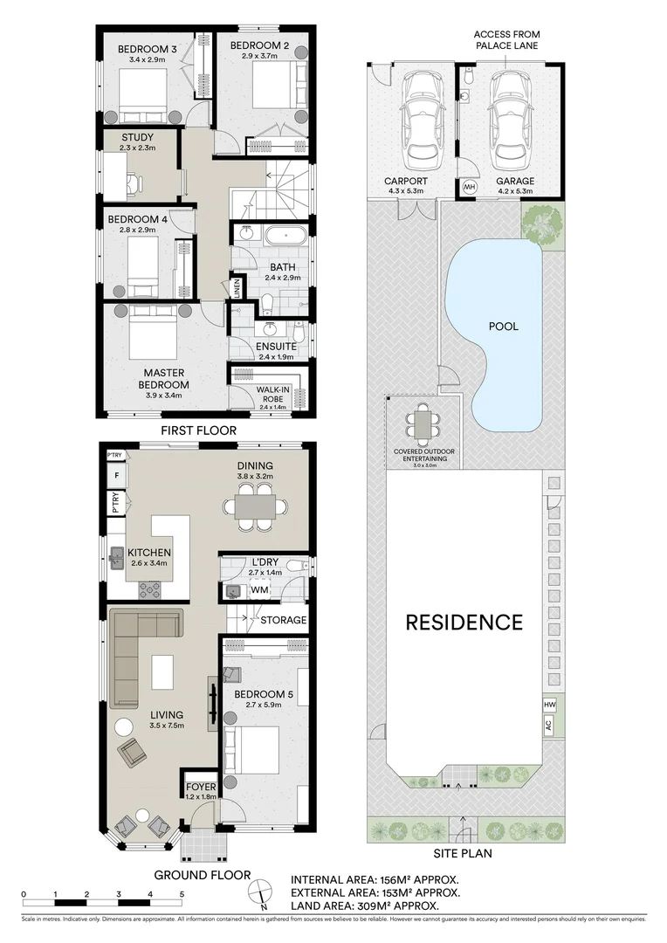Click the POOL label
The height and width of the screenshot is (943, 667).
tap(504, 327)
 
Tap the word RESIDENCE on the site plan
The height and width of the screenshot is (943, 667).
tap(464, 623)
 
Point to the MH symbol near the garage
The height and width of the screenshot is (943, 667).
tap(469, 186)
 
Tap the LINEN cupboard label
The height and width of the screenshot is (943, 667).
tap(237, 287)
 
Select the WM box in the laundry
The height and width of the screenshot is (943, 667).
tap(259, 591)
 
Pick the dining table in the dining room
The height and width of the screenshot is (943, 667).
tap(256, 506)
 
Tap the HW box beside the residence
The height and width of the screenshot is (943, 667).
tap(549, 705)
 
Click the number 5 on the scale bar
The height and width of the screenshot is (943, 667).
tap(182, 894)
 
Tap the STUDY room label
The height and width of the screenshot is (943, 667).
tap(137, 137)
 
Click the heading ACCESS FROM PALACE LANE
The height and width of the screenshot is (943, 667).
tap(505, 39)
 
